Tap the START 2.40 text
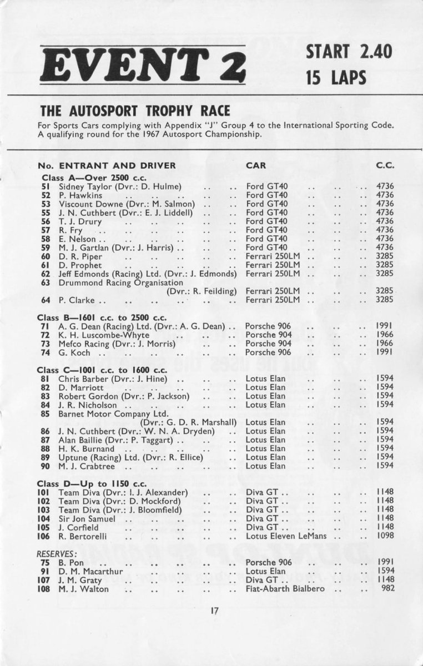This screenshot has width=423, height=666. click(x=349, y=52)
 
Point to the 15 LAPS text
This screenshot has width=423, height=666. click(x=336, y=77)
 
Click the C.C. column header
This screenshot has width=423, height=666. click(x=385, y=165)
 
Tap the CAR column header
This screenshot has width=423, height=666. click(x=256, y=165)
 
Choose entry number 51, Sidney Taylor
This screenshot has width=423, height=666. click(x=46, y=186)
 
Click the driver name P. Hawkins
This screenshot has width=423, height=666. click(x=80, y=195)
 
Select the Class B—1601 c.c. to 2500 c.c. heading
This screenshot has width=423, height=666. click(x=102, y=317)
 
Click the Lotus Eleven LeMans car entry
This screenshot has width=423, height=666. click(x=286, y=536)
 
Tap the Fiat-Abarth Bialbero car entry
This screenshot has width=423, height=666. click(x=285, y=588)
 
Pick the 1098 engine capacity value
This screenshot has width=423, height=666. click(x=385, y=536)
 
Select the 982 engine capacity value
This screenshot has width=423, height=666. click(x=387, y=588)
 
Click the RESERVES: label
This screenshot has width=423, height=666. click(x=57, y=554)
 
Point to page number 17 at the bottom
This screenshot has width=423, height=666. click(x=215, y=611)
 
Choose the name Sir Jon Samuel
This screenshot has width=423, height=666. click(x=87, y=519)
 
